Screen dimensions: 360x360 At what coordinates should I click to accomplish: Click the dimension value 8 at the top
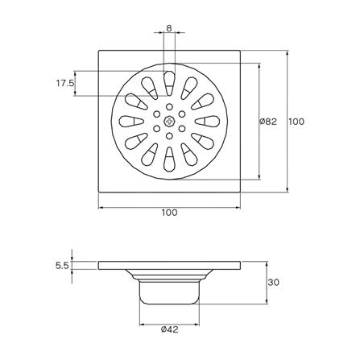click(x=169, y=28)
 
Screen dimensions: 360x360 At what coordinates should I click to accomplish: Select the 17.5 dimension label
click(x=64, y=83)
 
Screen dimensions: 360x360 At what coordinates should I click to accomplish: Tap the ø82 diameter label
click(x=268, y=122)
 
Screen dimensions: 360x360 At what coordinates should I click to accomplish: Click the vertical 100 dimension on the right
click(x=296, y=122)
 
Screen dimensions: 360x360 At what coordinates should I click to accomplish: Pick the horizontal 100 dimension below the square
click(x=169, y=213)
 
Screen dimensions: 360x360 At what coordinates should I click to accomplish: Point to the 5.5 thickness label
click(x=62, y=266)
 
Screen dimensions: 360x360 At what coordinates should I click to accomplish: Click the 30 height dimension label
click(x=274, y=282)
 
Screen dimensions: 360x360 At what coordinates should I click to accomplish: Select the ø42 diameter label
click(x=170, y=329)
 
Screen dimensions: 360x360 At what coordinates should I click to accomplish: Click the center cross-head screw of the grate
click(x=169, y=122)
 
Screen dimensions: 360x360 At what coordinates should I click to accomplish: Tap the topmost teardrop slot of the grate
click(x=169, y=83)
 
